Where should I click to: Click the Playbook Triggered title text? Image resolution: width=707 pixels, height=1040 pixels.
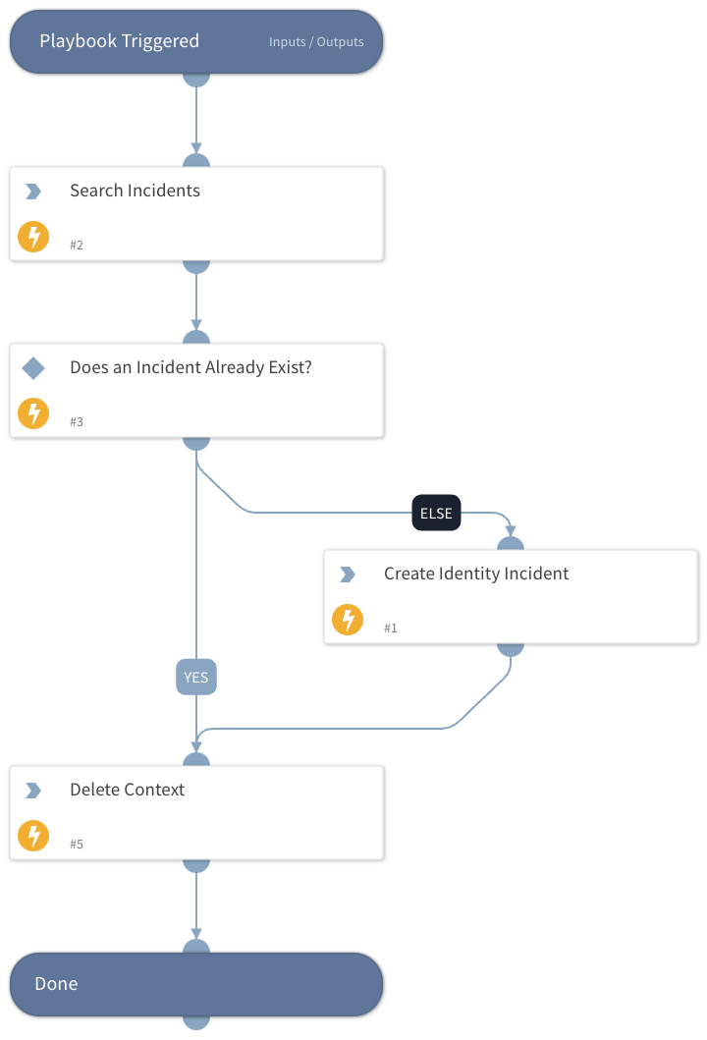(x=119, y=41)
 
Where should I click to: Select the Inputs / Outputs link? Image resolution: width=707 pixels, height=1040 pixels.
(x=316, y=42)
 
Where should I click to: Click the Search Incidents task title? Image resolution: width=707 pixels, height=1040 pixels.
(x=135, y=191)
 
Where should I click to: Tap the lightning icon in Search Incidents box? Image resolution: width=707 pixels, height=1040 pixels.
(x=33, y=237)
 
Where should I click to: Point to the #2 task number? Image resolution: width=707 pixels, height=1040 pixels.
(x=77, y=246)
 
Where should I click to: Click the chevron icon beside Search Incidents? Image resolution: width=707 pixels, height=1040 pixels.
(x=33, y=192)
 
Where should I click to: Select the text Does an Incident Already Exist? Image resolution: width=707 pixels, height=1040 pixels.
(x=190, y=367)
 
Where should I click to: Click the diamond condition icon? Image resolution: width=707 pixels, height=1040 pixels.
(x=33, y=368)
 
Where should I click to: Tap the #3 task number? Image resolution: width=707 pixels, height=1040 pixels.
(x=77, y=422)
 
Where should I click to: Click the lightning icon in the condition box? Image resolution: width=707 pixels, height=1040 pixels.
(x=33, y=413)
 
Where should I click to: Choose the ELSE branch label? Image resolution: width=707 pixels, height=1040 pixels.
(x=436, y=513)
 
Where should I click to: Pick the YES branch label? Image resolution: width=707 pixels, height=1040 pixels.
(x=196, y=678)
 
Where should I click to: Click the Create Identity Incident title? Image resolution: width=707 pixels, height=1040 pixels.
(x=476, y=574)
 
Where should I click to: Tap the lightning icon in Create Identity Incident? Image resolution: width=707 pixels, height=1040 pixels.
(x=348, y=620)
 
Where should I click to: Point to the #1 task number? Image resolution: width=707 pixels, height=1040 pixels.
(x=391, y=629)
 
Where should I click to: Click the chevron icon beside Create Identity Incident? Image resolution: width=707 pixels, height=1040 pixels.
(x=348, y=575)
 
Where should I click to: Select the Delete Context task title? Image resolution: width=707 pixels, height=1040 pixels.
(x=127, y=790)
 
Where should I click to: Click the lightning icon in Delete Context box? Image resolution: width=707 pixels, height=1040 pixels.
(x=33, y=836)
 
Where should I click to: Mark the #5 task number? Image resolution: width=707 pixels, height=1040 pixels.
(x=77, y=845)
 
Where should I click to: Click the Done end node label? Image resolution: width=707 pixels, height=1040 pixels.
(x=56, y=984)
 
